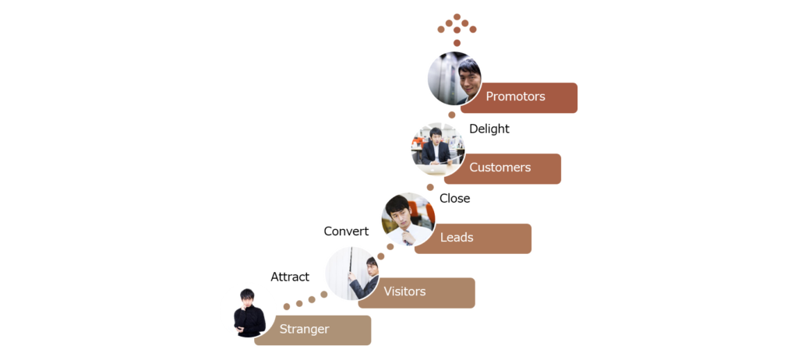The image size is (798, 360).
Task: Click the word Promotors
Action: coord(515,97)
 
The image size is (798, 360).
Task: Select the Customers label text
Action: coord(500,168)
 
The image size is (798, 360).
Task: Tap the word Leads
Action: coord(457,238)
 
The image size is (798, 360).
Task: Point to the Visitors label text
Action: coord(404,291)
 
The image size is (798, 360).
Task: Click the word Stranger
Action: coord(304,329)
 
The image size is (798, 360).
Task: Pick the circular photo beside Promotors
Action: coord(454,78)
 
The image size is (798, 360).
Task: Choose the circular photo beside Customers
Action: coord(438,149)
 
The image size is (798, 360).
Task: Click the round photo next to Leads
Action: coord(408,219)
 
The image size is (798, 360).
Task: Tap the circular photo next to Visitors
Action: coord(352,273)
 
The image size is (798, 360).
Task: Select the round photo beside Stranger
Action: coord(248,310)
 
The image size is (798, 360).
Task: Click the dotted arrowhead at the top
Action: coord(457,26)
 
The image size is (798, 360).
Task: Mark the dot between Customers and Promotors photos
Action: coord(452,115)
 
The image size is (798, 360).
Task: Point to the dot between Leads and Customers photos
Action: coord(430,187)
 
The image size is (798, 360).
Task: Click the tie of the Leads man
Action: coord(407,237)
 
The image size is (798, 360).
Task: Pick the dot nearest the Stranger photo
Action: coord(287,306)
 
